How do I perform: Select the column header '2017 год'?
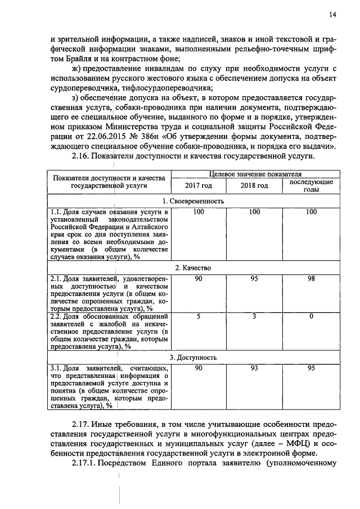199,186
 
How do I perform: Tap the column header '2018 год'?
254,186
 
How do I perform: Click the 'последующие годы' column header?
310,186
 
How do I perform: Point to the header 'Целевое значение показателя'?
254,175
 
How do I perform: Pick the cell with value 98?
310,278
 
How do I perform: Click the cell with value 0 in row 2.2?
310,317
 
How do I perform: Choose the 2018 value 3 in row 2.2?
254,317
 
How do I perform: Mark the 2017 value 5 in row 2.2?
199,317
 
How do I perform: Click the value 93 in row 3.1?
254,368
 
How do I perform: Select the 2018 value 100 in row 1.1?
254,211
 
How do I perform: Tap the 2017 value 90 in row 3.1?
199,368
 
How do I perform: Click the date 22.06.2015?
109,136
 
